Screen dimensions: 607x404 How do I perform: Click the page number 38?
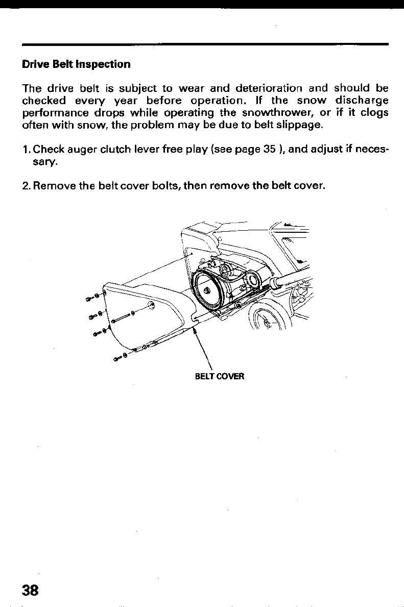30,590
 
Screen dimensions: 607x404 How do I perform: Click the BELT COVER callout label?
220,377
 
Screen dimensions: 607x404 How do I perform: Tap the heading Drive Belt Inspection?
76,64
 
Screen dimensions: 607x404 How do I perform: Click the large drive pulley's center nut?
207,290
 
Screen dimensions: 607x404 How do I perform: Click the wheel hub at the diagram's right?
268,322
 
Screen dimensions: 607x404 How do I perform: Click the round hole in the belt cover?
151,305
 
